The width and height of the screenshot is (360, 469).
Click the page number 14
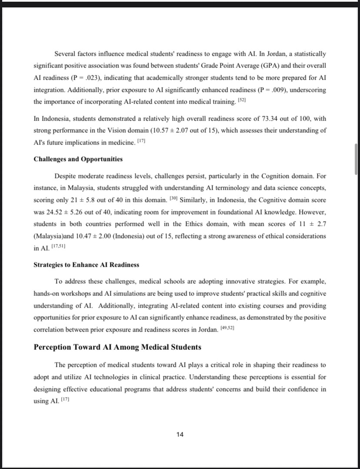pyautogui.click(x=180, y=434)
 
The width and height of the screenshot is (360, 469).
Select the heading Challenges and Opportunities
pyautogui.click(x=78, y=159)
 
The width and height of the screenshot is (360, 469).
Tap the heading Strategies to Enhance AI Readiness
pyautogui.click(x=86, y=265)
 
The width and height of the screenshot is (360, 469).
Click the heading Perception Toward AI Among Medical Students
pyautogui.click(x=117, y=347)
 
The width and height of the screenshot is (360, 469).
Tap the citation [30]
pyautogui.click(x=173, y=199)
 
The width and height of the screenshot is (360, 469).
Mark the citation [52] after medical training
pyautogui.click(x=241, y=100)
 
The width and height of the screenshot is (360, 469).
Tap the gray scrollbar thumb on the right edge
pyautogui.click(x=356, y=159)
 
